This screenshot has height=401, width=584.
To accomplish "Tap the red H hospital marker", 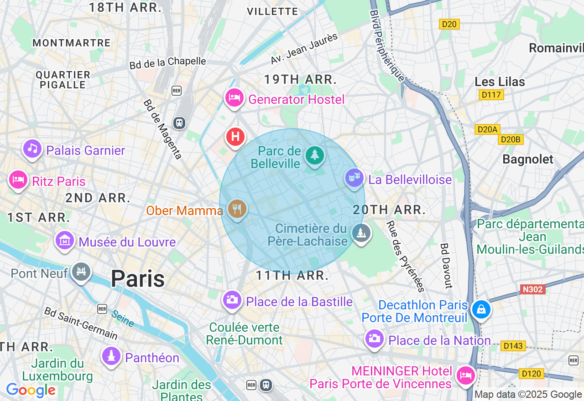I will click(x=235, y=136).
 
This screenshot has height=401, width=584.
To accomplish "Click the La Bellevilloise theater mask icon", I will click(x=354, y=178).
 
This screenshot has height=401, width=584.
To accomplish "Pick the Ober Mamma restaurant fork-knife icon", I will click(x=237, y=209).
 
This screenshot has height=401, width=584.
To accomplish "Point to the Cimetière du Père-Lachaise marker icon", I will click(x=361, y=233).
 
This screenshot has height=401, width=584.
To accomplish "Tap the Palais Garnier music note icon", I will click(x=32, y=149).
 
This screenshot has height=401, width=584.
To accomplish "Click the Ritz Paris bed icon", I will click(x=18, y=180).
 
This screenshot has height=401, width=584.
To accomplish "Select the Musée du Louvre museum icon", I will click(x=64, y=240).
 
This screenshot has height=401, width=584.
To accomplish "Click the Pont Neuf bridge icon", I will click(x=81, y=272).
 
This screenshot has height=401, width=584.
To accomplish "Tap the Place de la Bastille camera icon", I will click(x=232, y=299).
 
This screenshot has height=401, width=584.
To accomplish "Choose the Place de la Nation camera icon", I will click(x=374, y=339).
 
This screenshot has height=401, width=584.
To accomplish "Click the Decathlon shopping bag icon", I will click(x=481, y=309).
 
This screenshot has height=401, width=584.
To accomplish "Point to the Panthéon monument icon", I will click(x=111, y=356).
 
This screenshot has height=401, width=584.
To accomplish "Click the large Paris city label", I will click(x=137, y=278).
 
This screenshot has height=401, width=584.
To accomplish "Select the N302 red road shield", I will click(x=532, y=289).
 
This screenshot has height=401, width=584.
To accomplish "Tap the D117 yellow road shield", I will click(x=491, y=95).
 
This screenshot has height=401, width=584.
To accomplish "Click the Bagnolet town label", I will click(x=527, y=159).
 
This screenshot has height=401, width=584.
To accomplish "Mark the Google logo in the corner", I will click(x=31, y=391).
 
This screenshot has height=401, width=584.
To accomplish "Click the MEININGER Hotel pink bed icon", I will click(x=465, y=375).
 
